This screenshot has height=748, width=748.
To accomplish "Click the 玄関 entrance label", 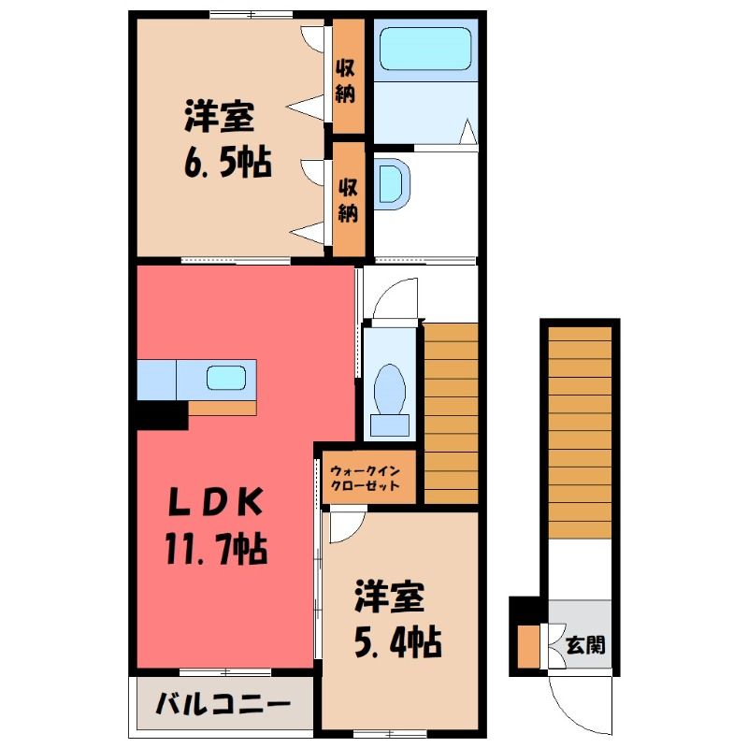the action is click(585, 645).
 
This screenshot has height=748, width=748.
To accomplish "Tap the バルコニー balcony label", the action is click(223, 704).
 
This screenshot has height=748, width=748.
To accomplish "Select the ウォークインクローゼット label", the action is click(365, 479).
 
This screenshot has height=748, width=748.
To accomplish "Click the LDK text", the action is click(216, 502).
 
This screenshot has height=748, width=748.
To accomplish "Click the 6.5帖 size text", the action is click(228, 162).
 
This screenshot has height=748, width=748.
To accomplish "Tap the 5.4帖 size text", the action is click(398, 641).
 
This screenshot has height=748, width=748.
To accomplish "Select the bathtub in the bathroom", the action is click(425, 49).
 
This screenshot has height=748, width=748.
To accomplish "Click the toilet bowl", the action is click(390, 389).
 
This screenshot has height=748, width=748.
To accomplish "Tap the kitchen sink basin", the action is click(226, 379).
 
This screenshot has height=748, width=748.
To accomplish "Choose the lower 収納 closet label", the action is click(348, 200).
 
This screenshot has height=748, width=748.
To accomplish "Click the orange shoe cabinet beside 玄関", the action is click(528, 646).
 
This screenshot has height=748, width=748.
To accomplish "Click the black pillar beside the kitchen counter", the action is click(162, 415).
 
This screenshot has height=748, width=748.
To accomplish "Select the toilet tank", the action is click(390, 425).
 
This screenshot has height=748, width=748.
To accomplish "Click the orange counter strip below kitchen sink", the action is click(223, 408).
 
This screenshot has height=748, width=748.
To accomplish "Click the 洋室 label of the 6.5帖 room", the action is click(219, 117).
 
